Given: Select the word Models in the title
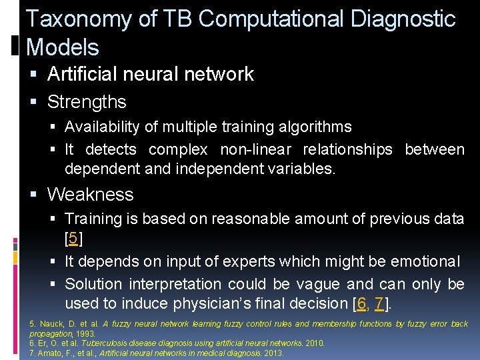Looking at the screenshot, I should (x=62, y=47).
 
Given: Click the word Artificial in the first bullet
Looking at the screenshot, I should (x=83, y=73).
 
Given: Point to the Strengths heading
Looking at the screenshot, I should (x=87, y=102).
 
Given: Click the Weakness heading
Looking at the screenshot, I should (x=91, y=195).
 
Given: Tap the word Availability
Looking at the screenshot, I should (x=102, y=127).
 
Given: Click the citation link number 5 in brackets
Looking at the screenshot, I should (x=73, y=238).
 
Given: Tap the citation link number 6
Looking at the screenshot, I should (x=361, y=303).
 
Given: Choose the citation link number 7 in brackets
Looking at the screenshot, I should (x=379, y=303).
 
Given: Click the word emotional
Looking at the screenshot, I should (x=426, y=261).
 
